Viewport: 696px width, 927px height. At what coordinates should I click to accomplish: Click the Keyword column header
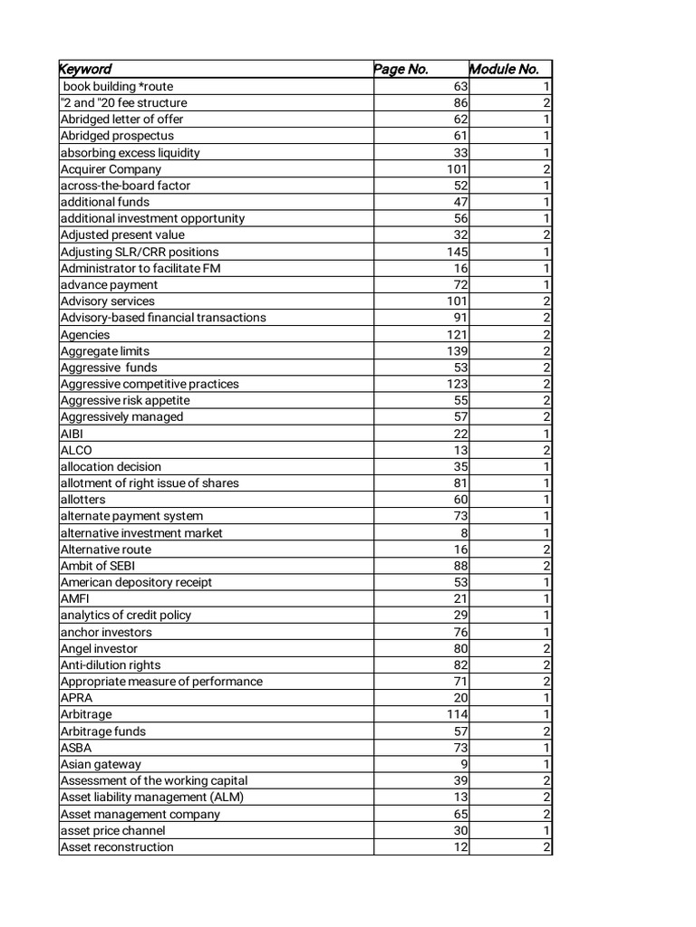(x=86, y=70)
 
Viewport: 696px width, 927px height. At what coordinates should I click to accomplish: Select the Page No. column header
(x=401, y=70)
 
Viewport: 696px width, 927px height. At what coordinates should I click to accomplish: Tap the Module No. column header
(x=504, y=70)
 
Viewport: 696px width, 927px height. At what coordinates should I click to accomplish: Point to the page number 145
(x=456, y=252)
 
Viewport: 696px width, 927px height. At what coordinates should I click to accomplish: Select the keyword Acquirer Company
(x=111, y=169)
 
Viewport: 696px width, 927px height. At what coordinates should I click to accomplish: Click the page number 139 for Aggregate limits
(x=456, y=351)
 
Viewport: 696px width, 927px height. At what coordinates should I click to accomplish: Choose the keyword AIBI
(x=72, y=434)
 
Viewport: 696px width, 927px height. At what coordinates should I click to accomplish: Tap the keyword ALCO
(x=76, y=450)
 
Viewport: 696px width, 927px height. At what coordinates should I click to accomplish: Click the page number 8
(x=463, y=533)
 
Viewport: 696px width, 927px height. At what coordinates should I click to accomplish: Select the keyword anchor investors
(x=106, y=632)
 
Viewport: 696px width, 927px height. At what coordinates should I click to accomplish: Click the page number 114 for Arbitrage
(x=456, y=714)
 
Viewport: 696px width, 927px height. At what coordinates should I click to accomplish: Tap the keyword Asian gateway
(x=101, y=764)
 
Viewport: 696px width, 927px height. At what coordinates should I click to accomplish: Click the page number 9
(x=463, y=764)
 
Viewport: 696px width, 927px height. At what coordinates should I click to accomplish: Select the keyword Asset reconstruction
(x=116, y=847)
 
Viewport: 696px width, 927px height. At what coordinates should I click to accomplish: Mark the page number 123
(x=456, y=384)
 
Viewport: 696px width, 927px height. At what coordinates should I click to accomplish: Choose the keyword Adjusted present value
(x=122, y=235)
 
